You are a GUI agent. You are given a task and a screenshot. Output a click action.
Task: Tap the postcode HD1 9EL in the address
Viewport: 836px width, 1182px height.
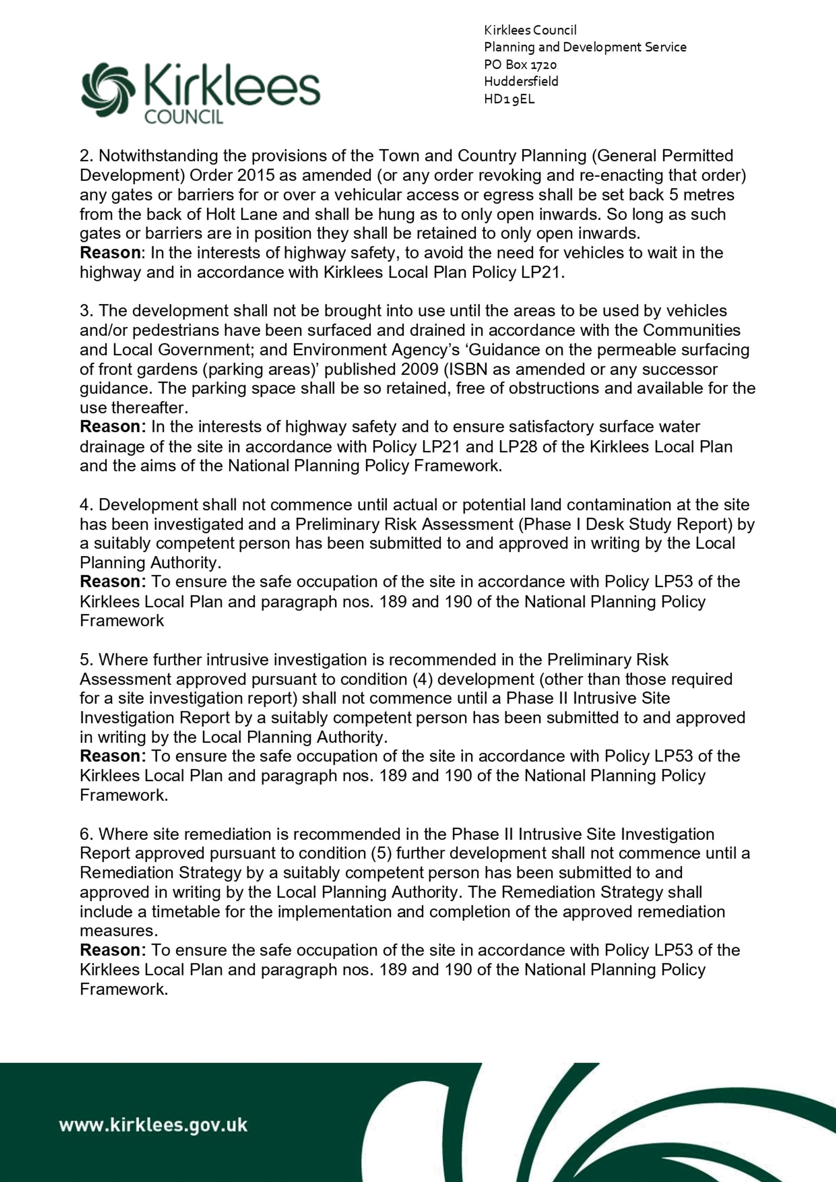(509, 99)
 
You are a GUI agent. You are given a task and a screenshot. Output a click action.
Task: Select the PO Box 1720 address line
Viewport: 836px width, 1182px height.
(520, 64)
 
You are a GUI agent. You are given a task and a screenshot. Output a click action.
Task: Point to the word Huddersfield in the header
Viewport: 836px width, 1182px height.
(521, 82)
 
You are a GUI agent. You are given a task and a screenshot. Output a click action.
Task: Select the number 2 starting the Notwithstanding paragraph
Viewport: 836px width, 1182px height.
(84, 156)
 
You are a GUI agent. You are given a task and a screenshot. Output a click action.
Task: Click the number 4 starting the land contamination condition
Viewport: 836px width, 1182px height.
(84, 505)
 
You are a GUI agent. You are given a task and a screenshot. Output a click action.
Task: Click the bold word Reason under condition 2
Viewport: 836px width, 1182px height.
(110, 253)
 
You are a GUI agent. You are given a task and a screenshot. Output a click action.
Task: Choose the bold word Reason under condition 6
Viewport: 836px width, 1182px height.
(110, 950)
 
